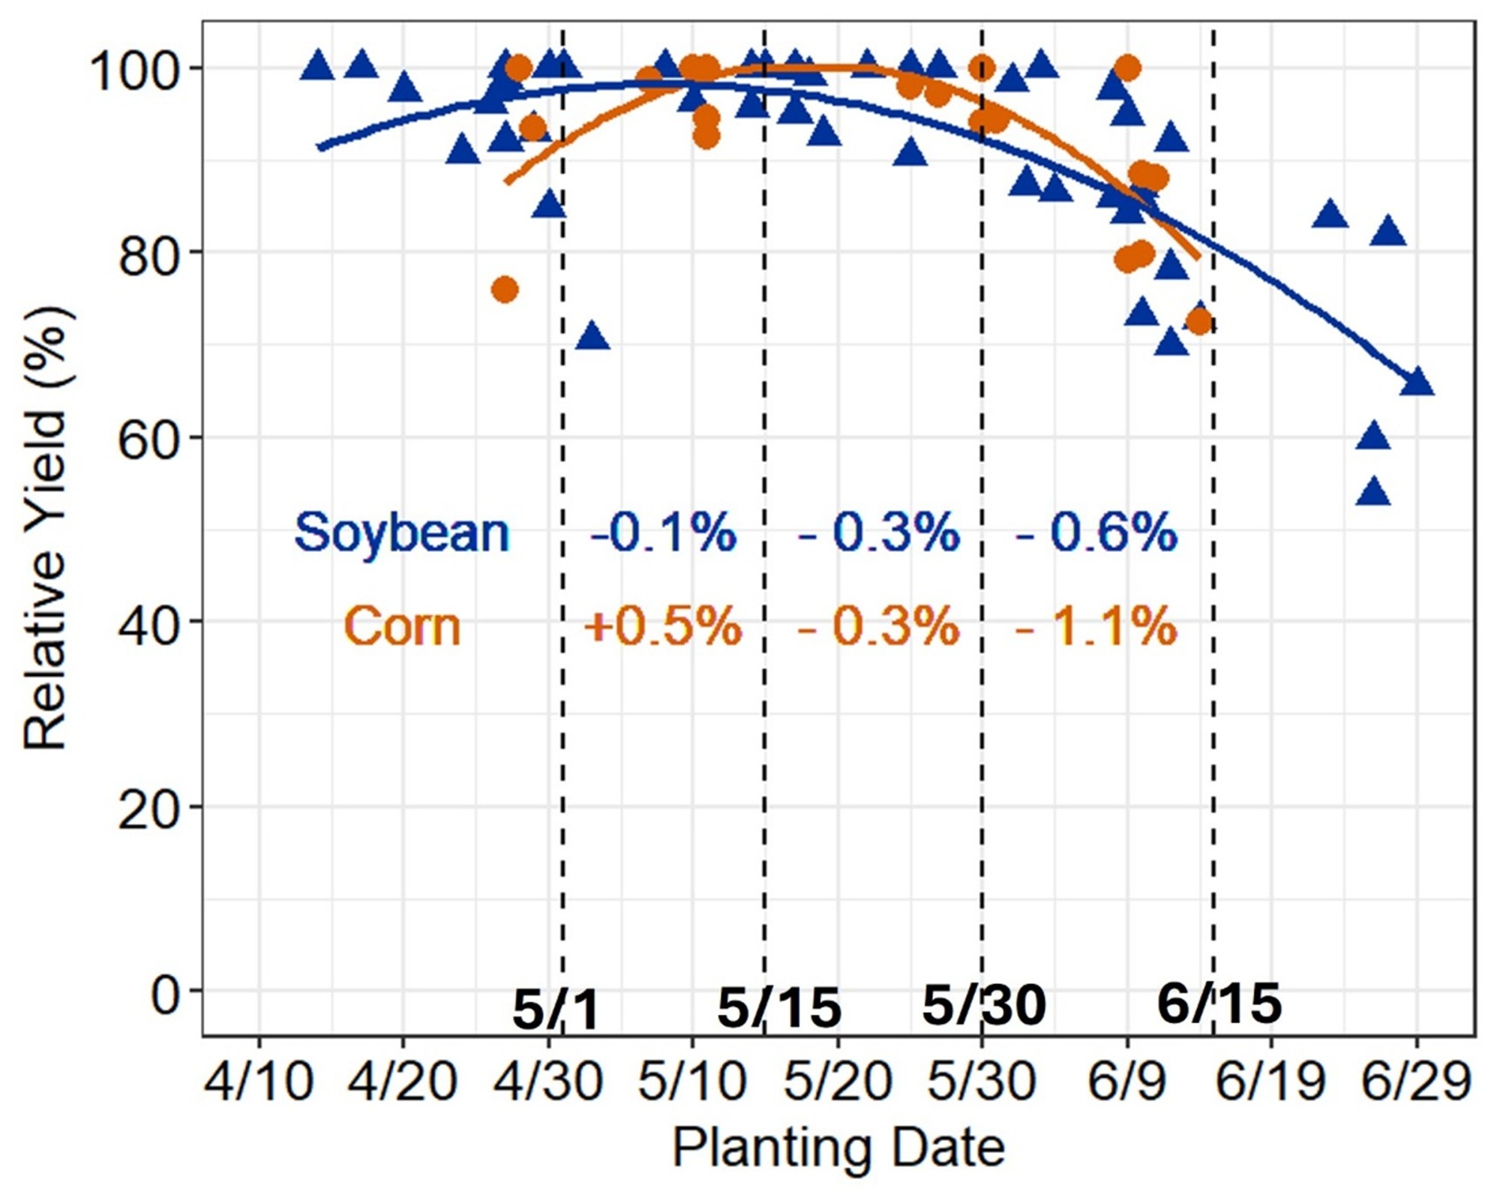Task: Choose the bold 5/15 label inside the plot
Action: [x=779, y=1007]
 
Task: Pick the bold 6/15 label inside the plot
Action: [x=1219, y=1003]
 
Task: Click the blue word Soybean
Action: [x=401, y=533]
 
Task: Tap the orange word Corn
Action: [x=402, y=627]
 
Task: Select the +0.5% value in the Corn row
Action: [x=662, y=626]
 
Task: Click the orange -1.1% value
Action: [x=1096, y=626]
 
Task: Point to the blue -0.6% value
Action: [x=1096, y=533]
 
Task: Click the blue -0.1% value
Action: [x=662, y=533]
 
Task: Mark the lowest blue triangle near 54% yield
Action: [x=1373, y=493]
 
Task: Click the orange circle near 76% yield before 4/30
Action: [x=505, y=290]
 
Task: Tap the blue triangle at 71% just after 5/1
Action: [x=592, y=337]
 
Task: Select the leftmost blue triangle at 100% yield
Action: [x=317, y=67]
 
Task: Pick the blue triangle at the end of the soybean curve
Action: [x=1417, y=382]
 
